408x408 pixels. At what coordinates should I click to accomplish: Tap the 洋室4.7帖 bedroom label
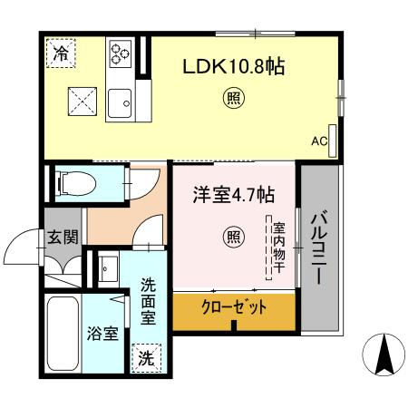233,194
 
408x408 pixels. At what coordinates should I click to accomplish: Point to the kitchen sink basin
121,103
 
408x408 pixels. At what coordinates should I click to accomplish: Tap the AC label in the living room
318,141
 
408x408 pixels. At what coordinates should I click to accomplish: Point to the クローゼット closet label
234,308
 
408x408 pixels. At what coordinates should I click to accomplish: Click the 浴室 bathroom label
102,334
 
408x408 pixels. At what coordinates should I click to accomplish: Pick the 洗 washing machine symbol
146,358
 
